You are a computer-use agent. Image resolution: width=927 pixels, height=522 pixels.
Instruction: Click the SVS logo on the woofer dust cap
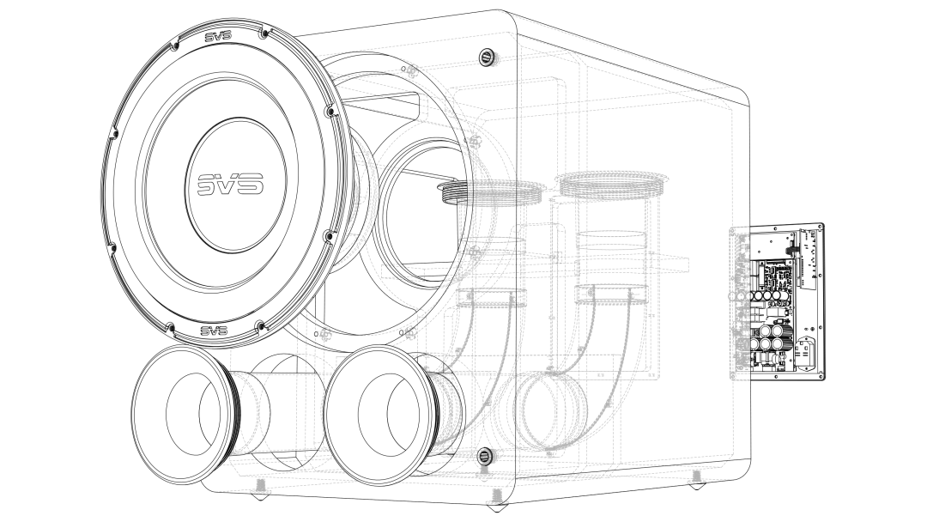[x=231, y=185]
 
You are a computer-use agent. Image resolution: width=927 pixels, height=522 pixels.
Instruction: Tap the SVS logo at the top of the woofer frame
[x=217, y=37]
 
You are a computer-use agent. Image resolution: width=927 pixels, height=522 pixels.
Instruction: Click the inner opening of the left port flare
[x=193, y=415]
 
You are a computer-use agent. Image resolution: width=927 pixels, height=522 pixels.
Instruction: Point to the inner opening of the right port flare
[x=389, y=414]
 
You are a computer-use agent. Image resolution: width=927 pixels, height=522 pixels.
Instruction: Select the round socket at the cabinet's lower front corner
[x=484, y=456]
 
